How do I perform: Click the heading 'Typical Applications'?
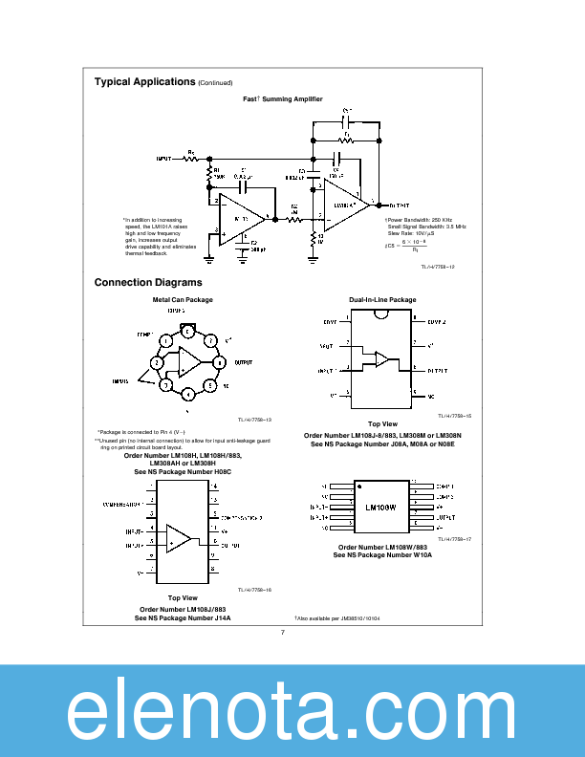[x=144, y=82]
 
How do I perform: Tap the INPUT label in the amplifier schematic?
[x=163, y=160]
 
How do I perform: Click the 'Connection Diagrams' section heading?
[x=148, y=283]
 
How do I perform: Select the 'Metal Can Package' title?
[x=183, y=300]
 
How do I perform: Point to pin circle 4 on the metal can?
[x=188, y=394]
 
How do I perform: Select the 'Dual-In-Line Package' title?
[x=382, y=300]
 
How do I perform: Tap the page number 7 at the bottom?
[x=283, y=632]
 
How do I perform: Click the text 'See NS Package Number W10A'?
[x=382, y=554]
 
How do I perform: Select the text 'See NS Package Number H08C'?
[x=183, y=472]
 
